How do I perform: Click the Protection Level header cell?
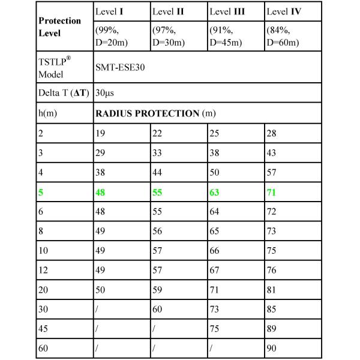(59, 26)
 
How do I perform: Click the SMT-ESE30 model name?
(120, 68)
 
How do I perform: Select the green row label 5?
(41, 193)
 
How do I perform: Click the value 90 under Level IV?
(272, 347)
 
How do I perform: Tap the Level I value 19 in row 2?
(100, 133)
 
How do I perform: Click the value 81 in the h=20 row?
(272, 289)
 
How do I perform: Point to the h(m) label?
(47, 113)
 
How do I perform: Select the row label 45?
(43, 328)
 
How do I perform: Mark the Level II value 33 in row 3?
(158, 153)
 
